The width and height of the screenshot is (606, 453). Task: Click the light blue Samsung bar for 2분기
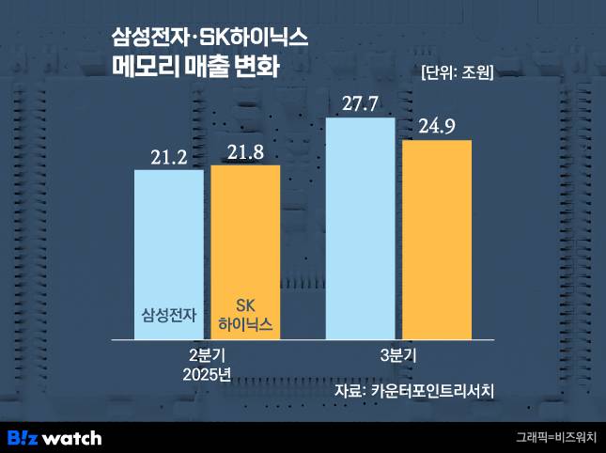pyautogui.click(x=168, y=254)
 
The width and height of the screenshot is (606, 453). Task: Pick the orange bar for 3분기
pyautogui.click(x=437, y=239)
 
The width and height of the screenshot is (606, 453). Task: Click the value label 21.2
pyautogui.click(x=169, y=156)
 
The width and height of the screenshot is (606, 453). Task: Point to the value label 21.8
pyautogui.click(x=245, y=150)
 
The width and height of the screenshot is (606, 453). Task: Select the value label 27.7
pyautogui.click(x=360, y=103)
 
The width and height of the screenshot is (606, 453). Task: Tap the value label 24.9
pyautogui.click(x=437, y=125)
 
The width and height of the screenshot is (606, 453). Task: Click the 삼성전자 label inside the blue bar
pyautogui.click(x=168, y=315)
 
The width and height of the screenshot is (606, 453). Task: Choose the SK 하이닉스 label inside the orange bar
pyautogui.click(x=244, y=316)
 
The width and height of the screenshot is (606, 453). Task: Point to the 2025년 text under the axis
pyautogui.click(x=208, y=374)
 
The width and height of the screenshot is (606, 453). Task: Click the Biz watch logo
pyautogui.click(x=54, y=437)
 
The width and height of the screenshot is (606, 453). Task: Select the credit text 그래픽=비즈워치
pyautogui.click(x=554, y=437)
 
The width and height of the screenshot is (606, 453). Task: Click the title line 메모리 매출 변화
pyautogui.click(x=194, y=69)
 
